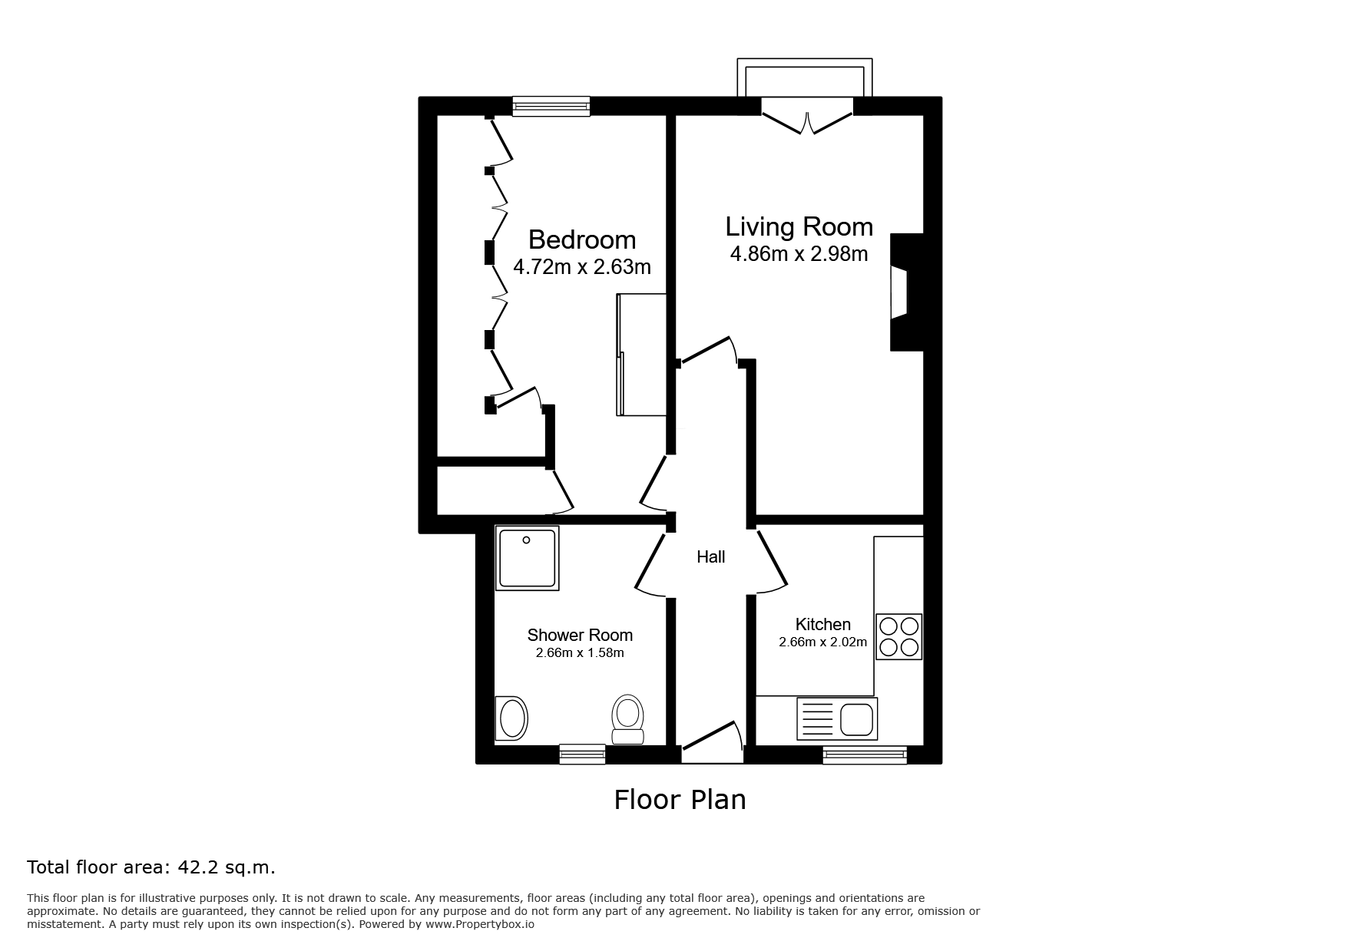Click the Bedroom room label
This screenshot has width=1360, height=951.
[x=582, y=240]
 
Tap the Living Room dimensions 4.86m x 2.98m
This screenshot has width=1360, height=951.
[x=799, y=254]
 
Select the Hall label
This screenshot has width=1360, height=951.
[x=711, y=557]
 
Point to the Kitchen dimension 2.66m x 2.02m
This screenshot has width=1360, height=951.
[x=822, y=642]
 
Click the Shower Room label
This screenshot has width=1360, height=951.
[x=580, y=636]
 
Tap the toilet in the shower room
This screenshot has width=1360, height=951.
[x=627, y=719]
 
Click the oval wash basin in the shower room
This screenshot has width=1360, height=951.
[x=512, y=719]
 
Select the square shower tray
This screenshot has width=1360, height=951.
[x=527, y=557]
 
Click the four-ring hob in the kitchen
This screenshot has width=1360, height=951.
[x=898, y=637]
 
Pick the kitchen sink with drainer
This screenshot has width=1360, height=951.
[x=837, y=718]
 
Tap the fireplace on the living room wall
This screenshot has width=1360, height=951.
[x=906, y=292]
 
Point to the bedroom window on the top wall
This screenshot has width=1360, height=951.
[x=551, y=106]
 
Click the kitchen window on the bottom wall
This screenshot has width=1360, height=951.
[x=865, y=755]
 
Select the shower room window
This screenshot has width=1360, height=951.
[x=582, y=755]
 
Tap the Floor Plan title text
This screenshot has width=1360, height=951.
[x=680, y=800]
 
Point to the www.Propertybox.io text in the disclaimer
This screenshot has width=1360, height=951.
[x=480, y=924]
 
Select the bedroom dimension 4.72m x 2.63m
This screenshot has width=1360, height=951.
[x=582, y=267]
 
